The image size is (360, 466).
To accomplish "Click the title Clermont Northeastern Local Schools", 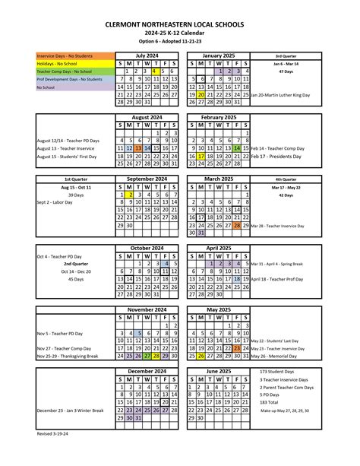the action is tap(180, 24).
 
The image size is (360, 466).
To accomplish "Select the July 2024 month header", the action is tap(149, 55).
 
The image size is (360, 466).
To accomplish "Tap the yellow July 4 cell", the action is tap(153, 71).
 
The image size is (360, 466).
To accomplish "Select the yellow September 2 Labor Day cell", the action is tap(130, 195).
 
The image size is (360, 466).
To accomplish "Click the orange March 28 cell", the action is tap(238, 226).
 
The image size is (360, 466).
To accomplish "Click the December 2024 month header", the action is tap(149, 371).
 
